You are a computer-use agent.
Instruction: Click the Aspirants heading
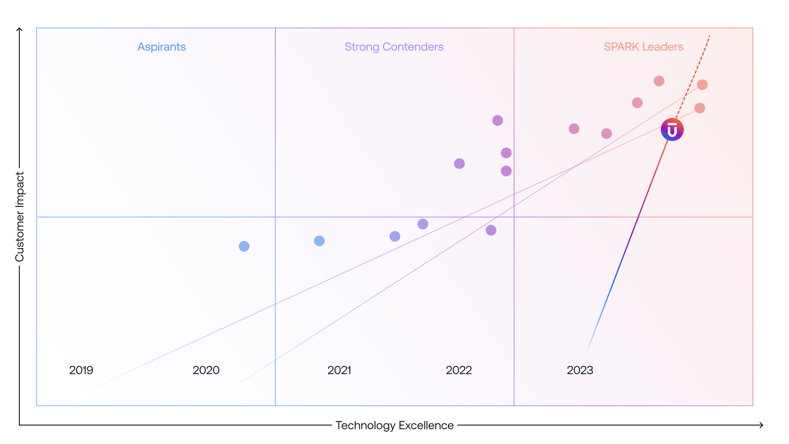pyautogui.click(x=161, y=47)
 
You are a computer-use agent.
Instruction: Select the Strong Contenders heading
pyautogui.click(x=394, y=47)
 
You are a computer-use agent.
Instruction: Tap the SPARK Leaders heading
pyautogui.click(x=643, y=47)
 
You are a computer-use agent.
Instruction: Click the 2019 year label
pyautogui.click(x=81, y=370)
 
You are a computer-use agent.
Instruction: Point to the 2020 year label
pyautogui.click(x=206, y=370)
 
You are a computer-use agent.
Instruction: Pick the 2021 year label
pyautogui.click(x=339, y=370)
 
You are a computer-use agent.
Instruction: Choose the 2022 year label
pyautogui.click(x=459, y=370)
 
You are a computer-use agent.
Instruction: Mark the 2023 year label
pyautogui.click(x=580, y=370)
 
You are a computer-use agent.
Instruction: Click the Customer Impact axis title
pyautogui.click(x=20, y=217)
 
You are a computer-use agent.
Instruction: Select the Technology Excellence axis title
pyautogui.click(x=394, y=425)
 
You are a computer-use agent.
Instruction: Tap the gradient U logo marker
pyautogui.click(x=672, y=130)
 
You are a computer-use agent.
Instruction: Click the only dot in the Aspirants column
pyautogui.click(x=244, y=246)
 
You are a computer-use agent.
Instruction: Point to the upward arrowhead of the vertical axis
pyautogui.click(x=19, y=29)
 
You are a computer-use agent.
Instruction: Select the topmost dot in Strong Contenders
pyautogui.click(x=497, y=120)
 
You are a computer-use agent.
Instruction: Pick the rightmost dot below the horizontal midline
pyautogui.click(x=491, y=230)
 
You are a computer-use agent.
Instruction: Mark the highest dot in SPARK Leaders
pyautogui.click(x=659, y=81)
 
